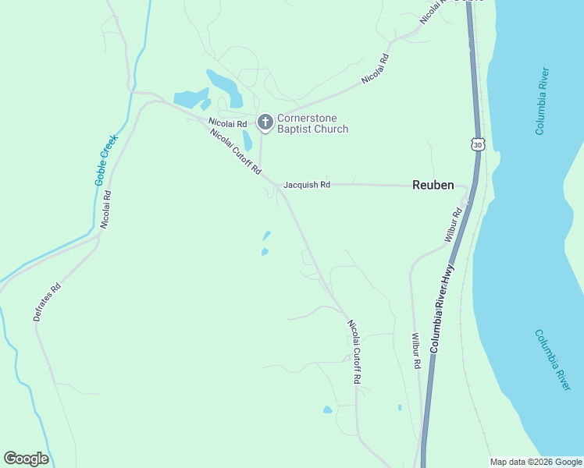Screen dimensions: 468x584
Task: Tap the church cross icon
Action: pos(265,122)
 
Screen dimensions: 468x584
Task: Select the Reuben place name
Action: pos(433,185)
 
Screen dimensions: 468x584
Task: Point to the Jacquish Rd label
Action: pos(307,185)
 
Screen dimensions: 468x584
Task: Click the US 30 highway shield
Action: pos(479,144)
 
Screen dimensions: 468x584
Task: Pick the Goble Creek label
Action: pos(105,160)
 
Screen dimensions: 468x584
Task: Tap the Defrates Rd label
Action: pos(47,303)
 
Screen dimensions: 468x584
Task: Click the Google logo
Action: pos(26,459)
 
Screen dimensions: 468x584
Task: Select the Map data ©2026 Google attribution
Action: pos(536,462)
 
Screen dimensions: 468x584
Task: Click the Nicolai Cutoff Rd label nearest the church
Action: pos(235,151)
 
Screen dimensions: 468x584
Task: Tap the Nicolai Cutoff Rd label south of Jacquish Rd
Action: pos(354,351)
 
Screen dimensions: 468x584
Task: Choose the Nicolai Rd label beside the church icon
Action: pos(228,123)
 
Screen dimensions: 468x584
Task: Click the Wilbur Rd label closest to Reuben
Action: pos(453,225)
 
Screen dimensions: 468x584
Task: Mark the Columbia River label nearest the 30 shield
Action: pos(543,101)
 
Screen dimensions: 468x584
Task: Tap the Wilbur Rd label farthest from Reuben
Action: pos(417,352)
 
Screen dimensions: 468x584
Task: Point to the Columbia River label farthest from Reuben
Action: pos(553,360)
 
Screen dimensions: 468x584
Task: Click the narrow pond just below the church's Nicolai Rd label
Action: pos(247,140)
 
